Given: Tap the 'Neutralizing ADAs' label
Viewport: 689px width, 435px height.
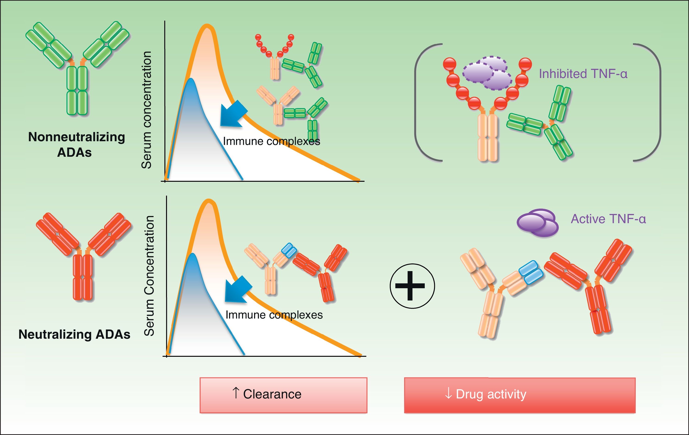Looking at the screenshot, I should pyautogui.click(x=74, y=334).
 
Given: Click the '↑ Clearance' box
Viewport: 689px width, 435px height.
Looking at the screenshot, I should pyautogui.click(x=283, y=395).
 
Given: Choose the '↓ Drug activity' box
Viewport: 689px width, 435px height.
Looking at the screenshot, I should pyautogui.click(x=519, y=395).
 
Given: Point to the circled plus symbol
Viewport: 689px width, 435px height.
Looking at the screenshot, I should pyautogui.click(x=412, y=286).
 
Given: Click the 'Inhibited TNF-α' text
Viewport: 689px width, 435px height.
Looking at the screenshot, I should pyautogui.click(x=583, y=74).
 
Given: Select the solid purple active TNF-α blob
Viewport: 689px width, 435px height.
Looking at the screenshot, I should pyautogui.click(x=537, y=223).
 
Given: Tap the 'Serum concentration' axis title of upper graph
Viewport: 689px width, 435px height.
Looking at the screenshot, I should pyautogui.click(x=147, y=110).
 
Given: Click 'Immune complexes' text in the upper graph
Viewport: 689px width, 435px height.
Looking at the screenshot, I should pyautogui.click(x=271, y=141).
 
